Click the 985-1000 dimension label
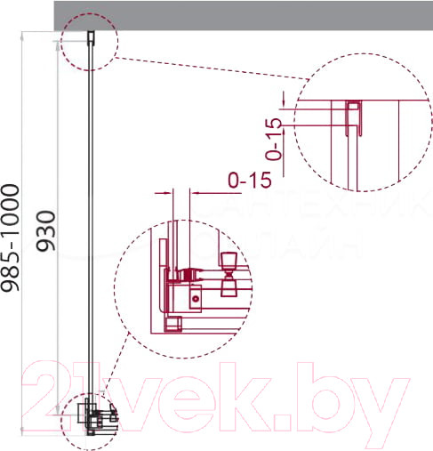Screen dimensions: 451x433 [12, 238]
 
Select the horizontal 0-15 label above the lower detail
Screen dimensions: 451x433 [249, 181]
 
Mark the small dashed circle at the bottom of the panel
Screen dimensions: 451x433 [92, 420]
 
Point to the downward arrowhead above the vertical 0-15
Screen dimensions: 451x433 [283, 98]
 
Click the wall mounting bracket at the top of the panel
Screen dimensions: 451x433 [91, 36]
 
